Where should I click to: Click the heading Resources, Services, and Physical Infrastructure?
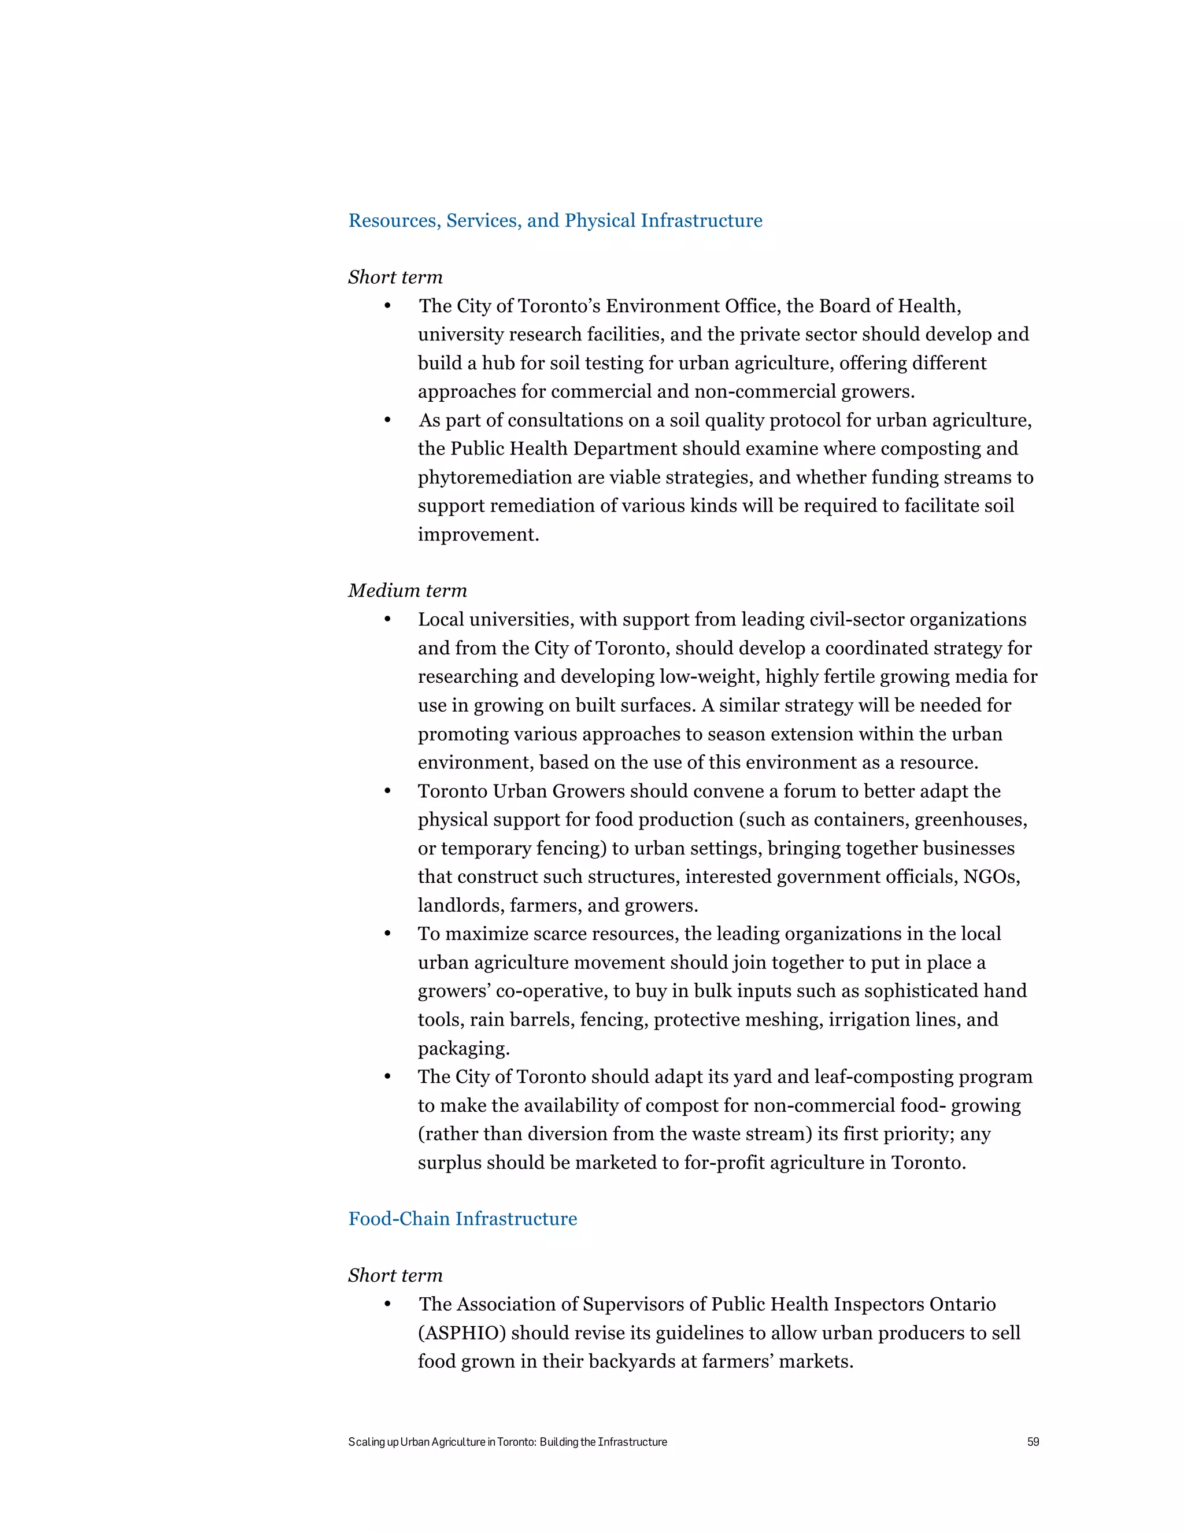[x=555, y=221]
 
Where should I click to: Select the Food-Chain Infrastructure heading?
[x=462, y=1219]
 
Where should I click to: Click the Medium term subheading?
[x=408, y=591]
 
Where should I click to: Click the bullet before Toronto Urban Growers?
[x=387, y=791]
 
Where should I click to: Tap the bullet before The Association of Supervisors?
[x=387, y=1305]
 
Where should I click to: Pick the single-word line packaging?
[x=463, y=1049]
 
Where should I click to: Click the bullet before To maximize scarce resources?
[x=387, y=934]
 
